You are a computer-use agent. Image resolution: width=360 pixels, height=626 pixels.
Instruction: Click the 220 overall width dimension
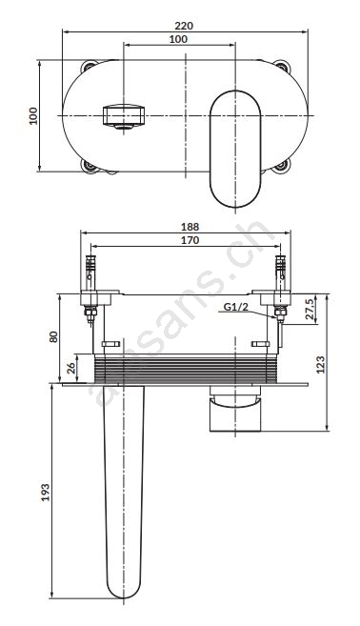[x=184, y=26]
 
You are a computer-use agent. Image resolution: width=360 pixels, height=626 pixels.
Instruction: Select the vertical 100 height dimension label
[x=33, y=116]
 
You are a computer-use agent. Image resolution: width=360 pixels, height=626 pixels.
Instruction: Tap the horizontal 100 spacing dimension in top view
[x=178, y=39]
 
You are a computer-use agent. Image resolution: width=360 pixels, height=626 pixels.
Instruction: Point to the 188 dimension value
[x=190, y=227]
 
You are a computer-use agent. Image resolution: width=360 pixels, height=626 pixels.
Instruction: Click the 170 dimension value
[x=190, y=240]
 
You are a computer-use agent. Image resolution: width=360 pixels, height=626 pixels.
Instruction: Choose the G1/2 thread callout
[x=235, y=307]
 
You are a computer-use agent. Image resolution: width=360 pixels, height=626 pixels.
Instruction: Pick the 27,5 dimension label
[x=310, y=309]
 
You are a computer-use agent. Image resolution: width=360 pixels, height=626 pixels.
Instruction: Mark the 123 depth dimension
[x=321, y=364]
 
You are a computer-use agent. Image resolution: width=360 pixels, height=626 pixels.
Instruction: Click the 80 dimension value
[x=53, y=336]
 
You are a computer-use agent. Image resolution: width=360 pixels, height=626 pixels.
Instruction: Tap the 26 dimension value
[x=71, y=368]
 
